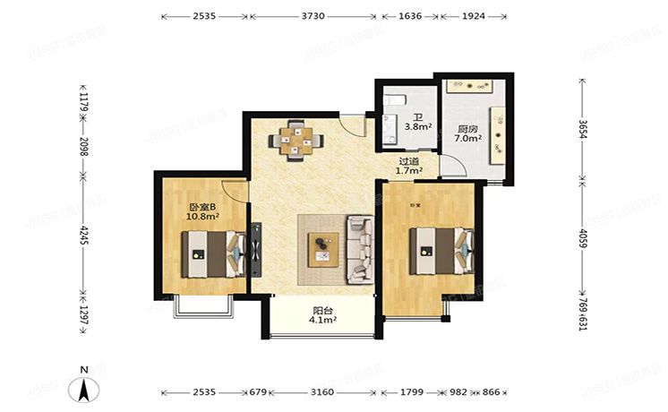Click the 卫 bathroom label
(x=417, y=116)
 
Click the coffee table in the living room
(x=322, y=248)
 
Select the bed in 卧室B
(x=213, y=254)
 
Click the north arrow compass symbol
(x=83, y=387)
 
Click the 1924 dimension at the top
(x=473, y=16)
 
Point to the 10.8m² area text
(x=204, y=217)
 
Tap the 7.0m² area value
(x=468, y=140)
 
